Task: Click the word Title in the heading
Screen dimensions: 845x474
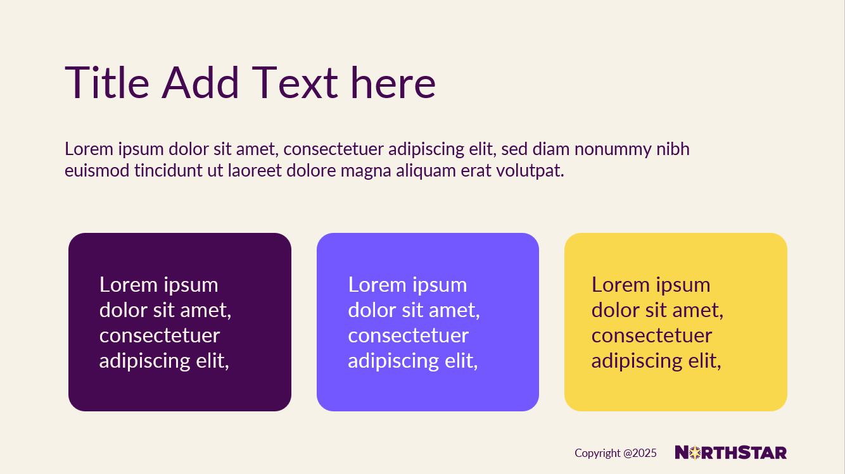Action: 107,82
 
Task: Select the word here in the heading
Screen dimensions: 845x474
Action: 393,82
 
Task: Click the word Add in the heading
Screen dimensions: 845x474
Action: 200,82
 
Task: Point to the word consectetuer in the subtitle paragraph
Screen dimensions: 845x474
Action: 333,149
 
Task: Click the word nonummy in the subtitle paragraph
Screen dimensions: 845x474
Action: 613,150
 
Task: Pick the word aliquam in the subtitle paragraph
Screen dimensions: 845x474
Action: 426,171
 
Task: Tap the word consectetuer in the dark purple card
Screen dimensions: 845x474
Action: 160,335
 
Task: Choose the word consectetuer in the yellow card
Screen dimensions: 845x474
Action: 652,335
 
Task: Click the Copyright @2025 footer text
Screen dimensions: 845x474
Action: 616,453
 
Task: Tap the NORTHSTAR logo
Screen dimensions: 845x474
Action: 731,452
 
